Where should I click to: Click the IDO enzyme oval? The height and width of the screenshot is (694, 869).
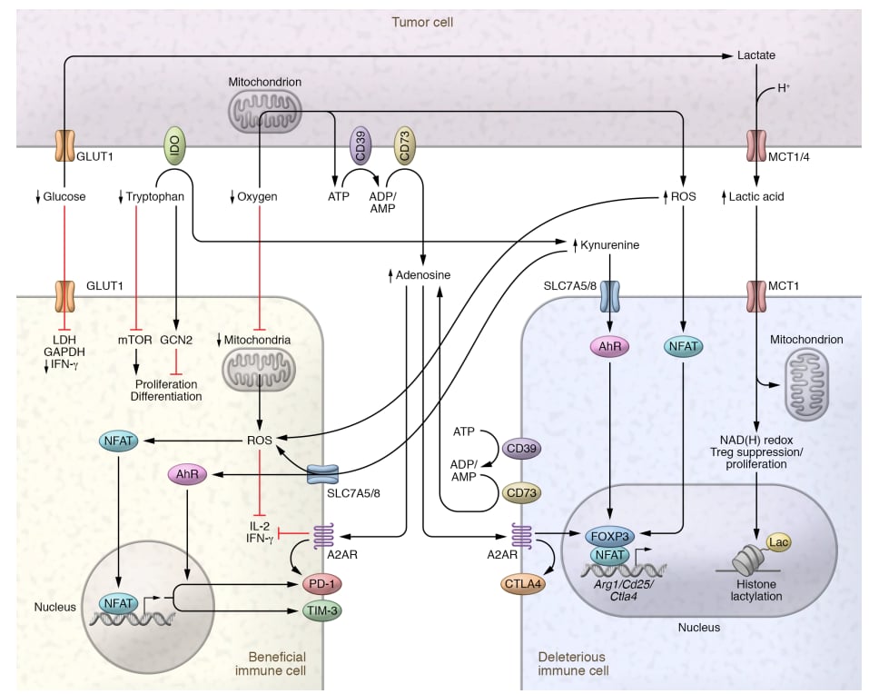pyautogui.click(x=173, y=145)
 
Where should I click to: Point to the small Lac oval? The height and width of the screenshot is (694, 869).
pyautogui.click(x=778, y=541)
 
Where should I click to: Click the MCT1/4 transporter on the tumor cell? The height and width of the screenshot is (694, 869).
pyautogui.click(x=756, y=146)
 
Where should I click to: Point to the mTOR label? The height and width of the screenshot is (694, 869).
pyautogui.click(x=135, y=339)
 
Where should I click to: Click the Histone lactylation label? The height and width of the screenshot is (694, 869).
pyautogui.click(x=763, y=590)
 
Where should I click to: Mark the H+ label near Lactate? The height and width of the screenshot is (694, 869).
pyautogui.click(x=784, y=89)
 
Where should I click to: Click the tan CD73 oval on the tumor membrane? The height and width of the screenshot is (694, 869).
pyautogui.click(x=404, y=146)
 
